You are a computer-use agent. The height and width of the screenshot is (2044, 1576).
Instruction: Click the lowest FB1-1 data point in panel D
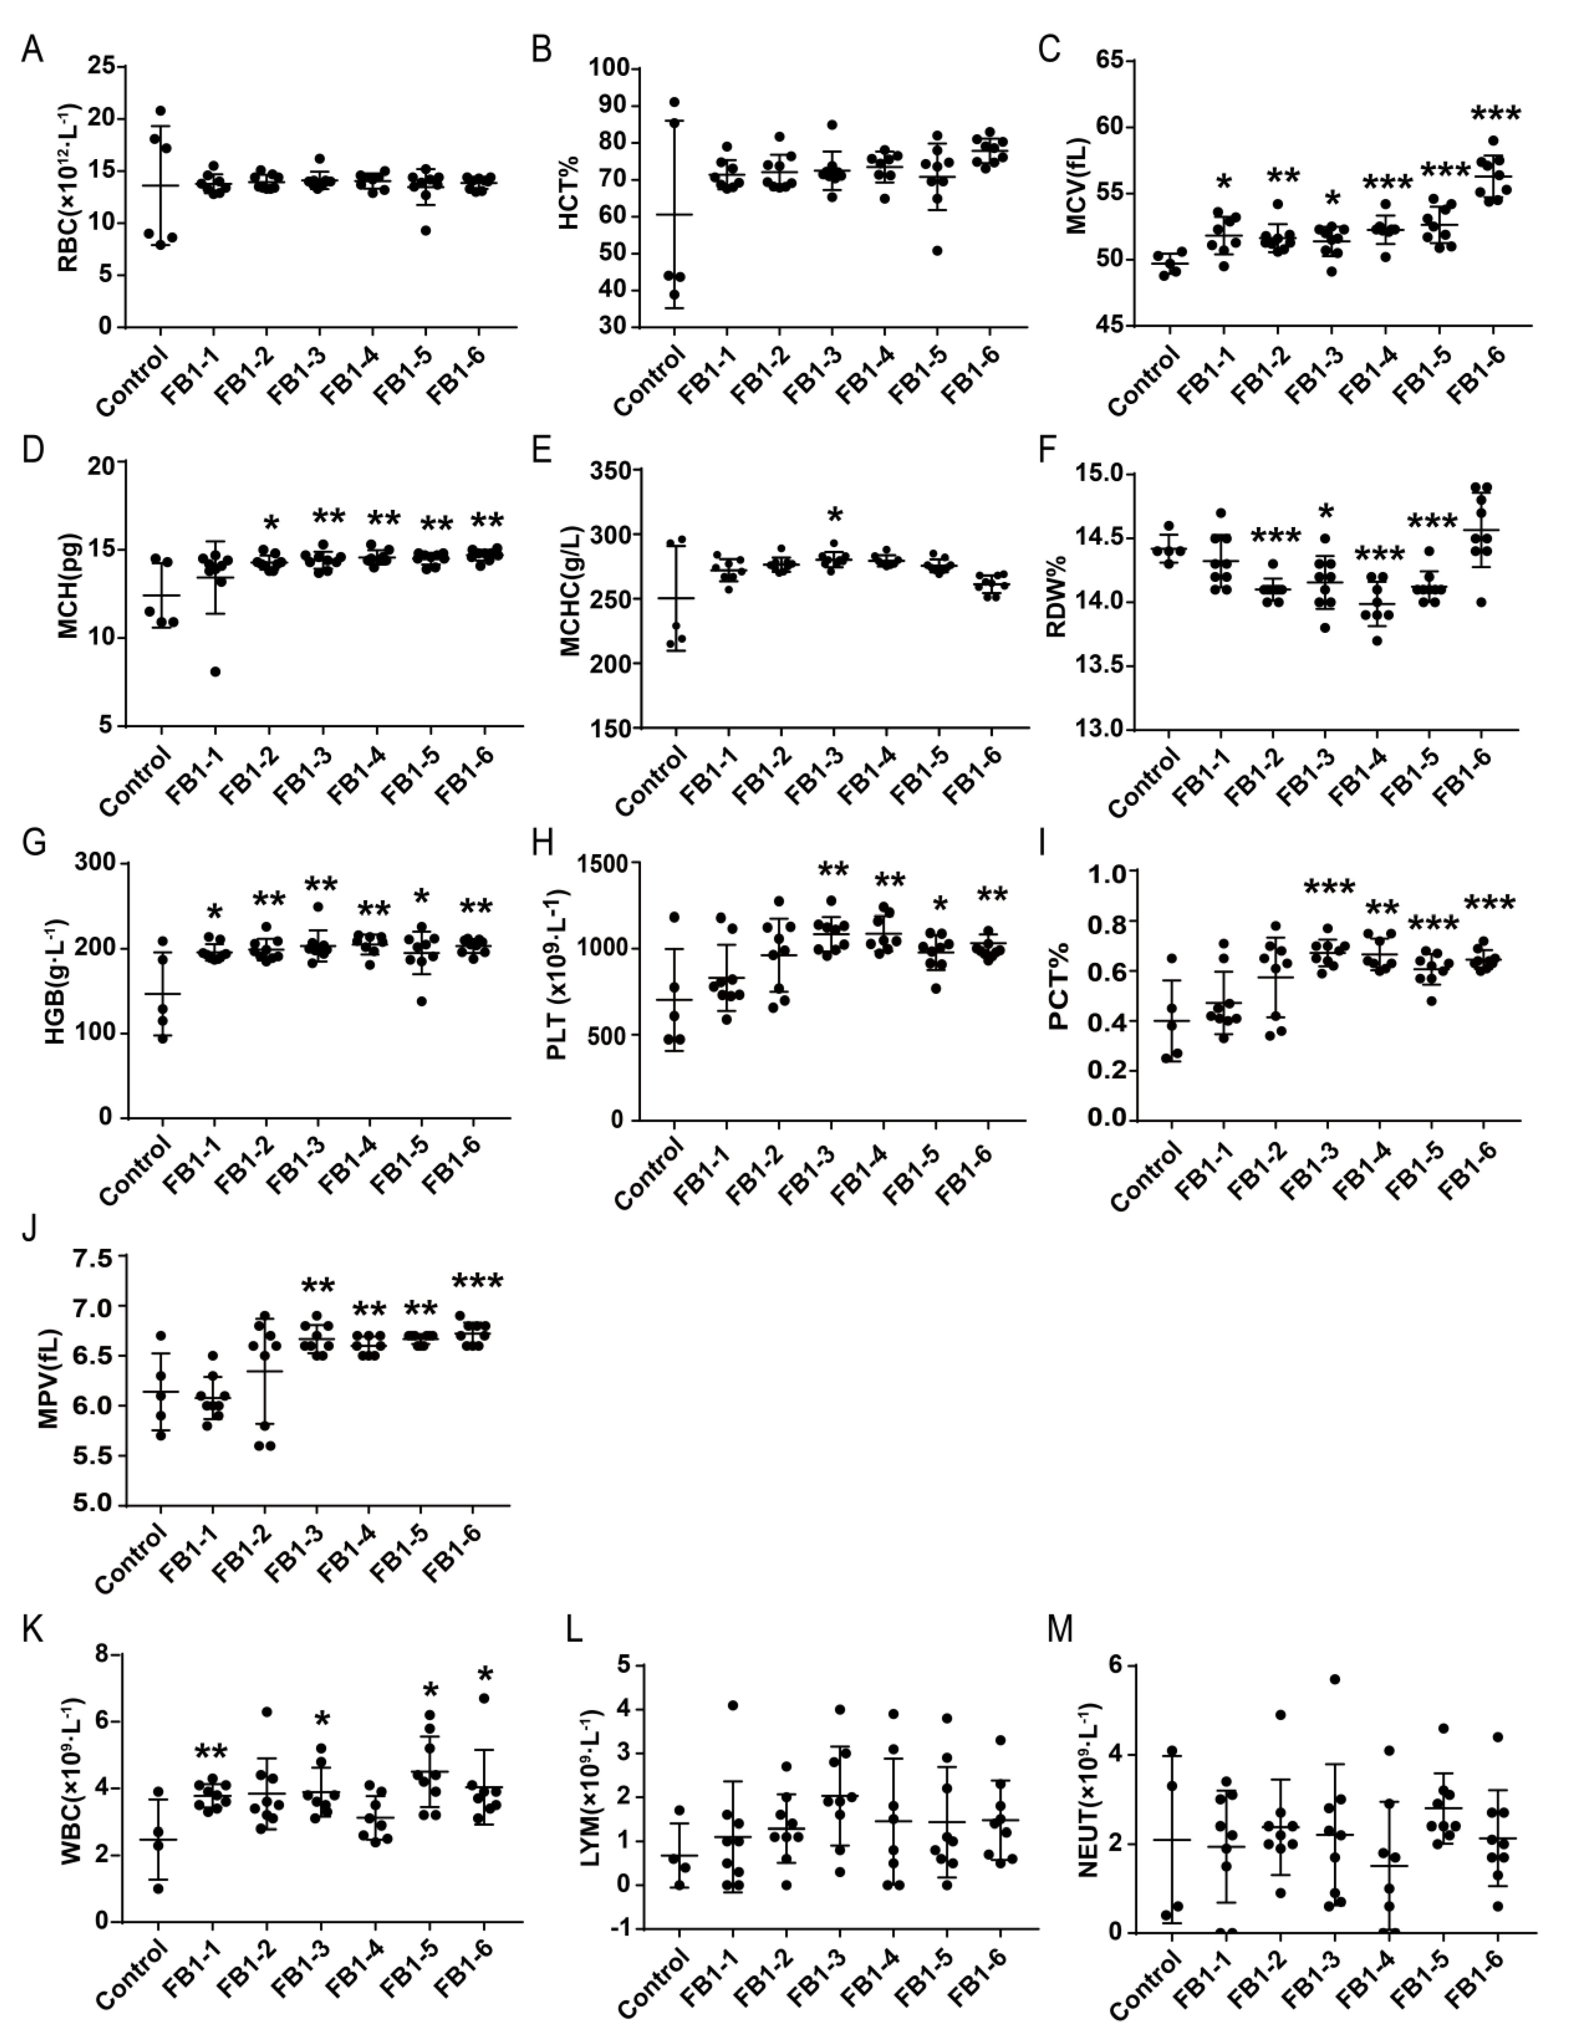(215, 671)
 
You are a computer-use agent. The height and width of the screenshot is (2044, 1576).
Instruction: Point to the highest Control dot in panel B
(674, 102)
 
